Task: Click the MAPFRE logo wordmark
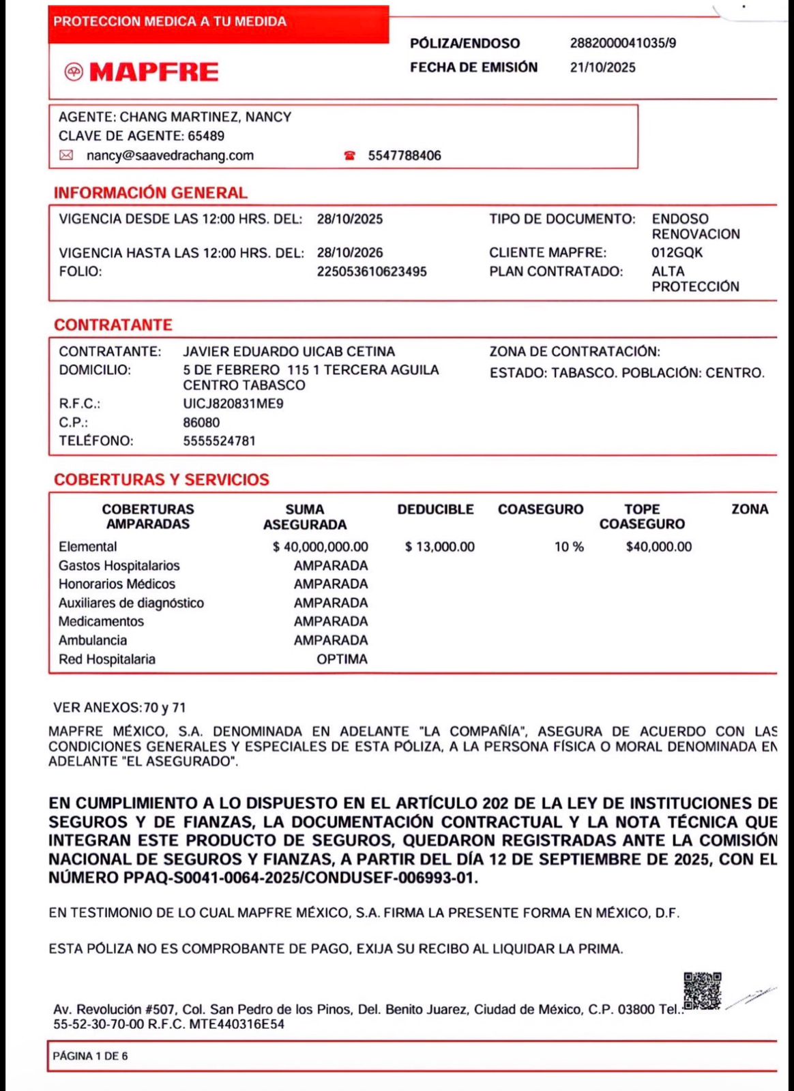click(153, 72)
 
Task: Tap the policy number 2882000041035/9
click(623, 43)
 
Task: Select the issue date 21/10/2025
click(602, 68)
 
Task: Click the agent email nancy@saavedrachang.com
click(170, 155)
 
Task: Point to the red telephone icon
click(350, 155)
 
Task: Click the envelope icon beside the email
click(66, 155)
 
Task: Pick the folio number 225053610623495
click(372, 271)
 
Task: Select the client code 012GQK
click(677, 252)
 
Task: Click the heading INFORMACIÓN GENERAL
click(150, 193)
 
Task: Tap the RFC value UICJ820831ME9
click(233, 404)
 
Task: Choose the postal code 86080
click(201, 422)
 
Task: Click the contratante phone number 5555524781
click(219, 440)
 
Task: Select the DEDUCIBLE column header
click(435, 509)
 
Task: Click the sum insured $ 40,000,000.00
click(320, 547)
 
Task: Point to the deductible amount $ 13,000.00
click(439, 547)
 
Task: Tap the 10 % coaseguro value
click(569, 547)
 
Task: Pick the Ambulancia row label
click(93, 640)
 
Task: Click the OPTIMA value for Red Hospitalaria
click(342, 659)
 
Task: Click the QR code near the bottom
click(702, 991)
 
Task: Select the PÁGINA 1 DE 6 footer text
click(90, 1056)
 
